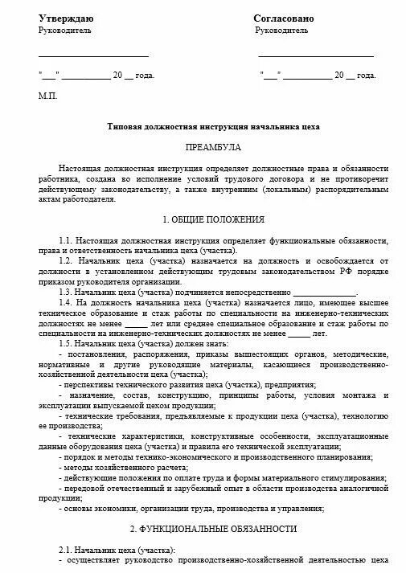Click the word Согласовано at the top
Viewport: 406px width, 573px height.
pyautogui.click(x=284, y=18)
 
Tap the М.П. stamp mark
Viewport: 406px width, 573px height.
pyautogui.click(x=48, y=95)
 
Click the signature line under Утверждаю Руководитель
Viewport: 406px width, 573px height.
pyautogui.click(x=93, y=56)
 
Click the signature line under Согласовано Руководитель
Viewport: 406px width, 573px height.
pyautogui.click(x=315, y=56)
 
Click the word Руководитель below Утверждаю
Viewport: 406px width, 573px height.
pyautogui.click(x=65, y=31)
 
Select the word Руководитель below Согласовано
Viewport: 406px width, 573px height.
pyautogui.click(x=281, y=31)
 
